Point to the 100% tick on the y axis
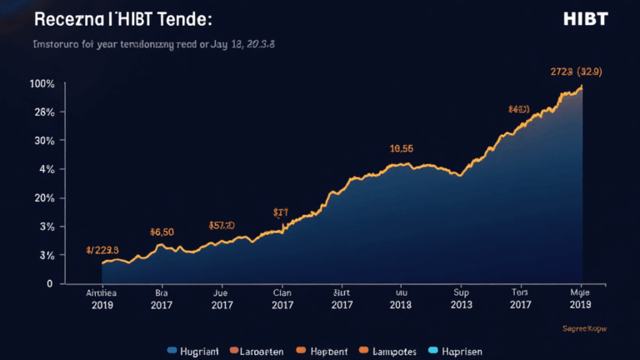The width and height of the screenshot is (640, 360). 42,84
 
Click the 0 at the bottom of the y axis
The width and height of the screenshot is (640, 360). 49,283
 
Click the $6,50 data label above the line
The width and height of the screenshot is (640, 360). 161,232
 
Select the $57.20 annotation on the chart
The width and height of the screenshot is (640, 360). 222,225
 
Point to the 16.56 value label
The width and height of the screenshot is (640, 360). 402,149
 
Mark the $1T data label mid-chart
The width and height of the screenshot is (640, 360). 281,213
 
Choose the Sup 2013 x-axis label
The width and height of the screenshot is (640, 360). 462,299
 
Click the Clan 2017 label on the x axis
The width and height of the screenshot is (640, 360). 282,299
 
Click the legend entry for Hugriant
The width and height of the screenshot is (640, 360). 193,351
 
